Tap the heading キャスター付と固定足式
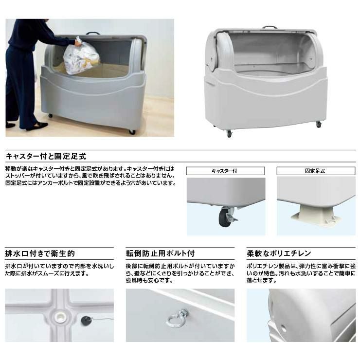(x=46, y=156)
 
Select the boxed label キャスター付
(x=225, y=171)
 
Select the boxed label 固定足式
(x=316, y=171)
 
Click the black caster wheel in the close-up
(x=224, y=217)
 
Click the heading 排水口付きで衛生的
(x=40, y=253)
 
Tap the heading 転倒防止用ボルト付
(x=160, y=253)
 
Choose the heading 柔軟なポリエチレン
(x=279, y=253)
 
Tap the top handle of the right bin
(x=270, y=27)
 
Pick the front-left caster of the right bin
(x=229, y=134)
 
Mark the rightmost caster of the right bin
(x=319, y=124)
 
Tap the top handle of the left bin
(x=93, y=33)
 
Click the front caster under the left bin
(x=132, y=132)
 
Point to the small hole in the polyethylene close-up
(x=284, y=329)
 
